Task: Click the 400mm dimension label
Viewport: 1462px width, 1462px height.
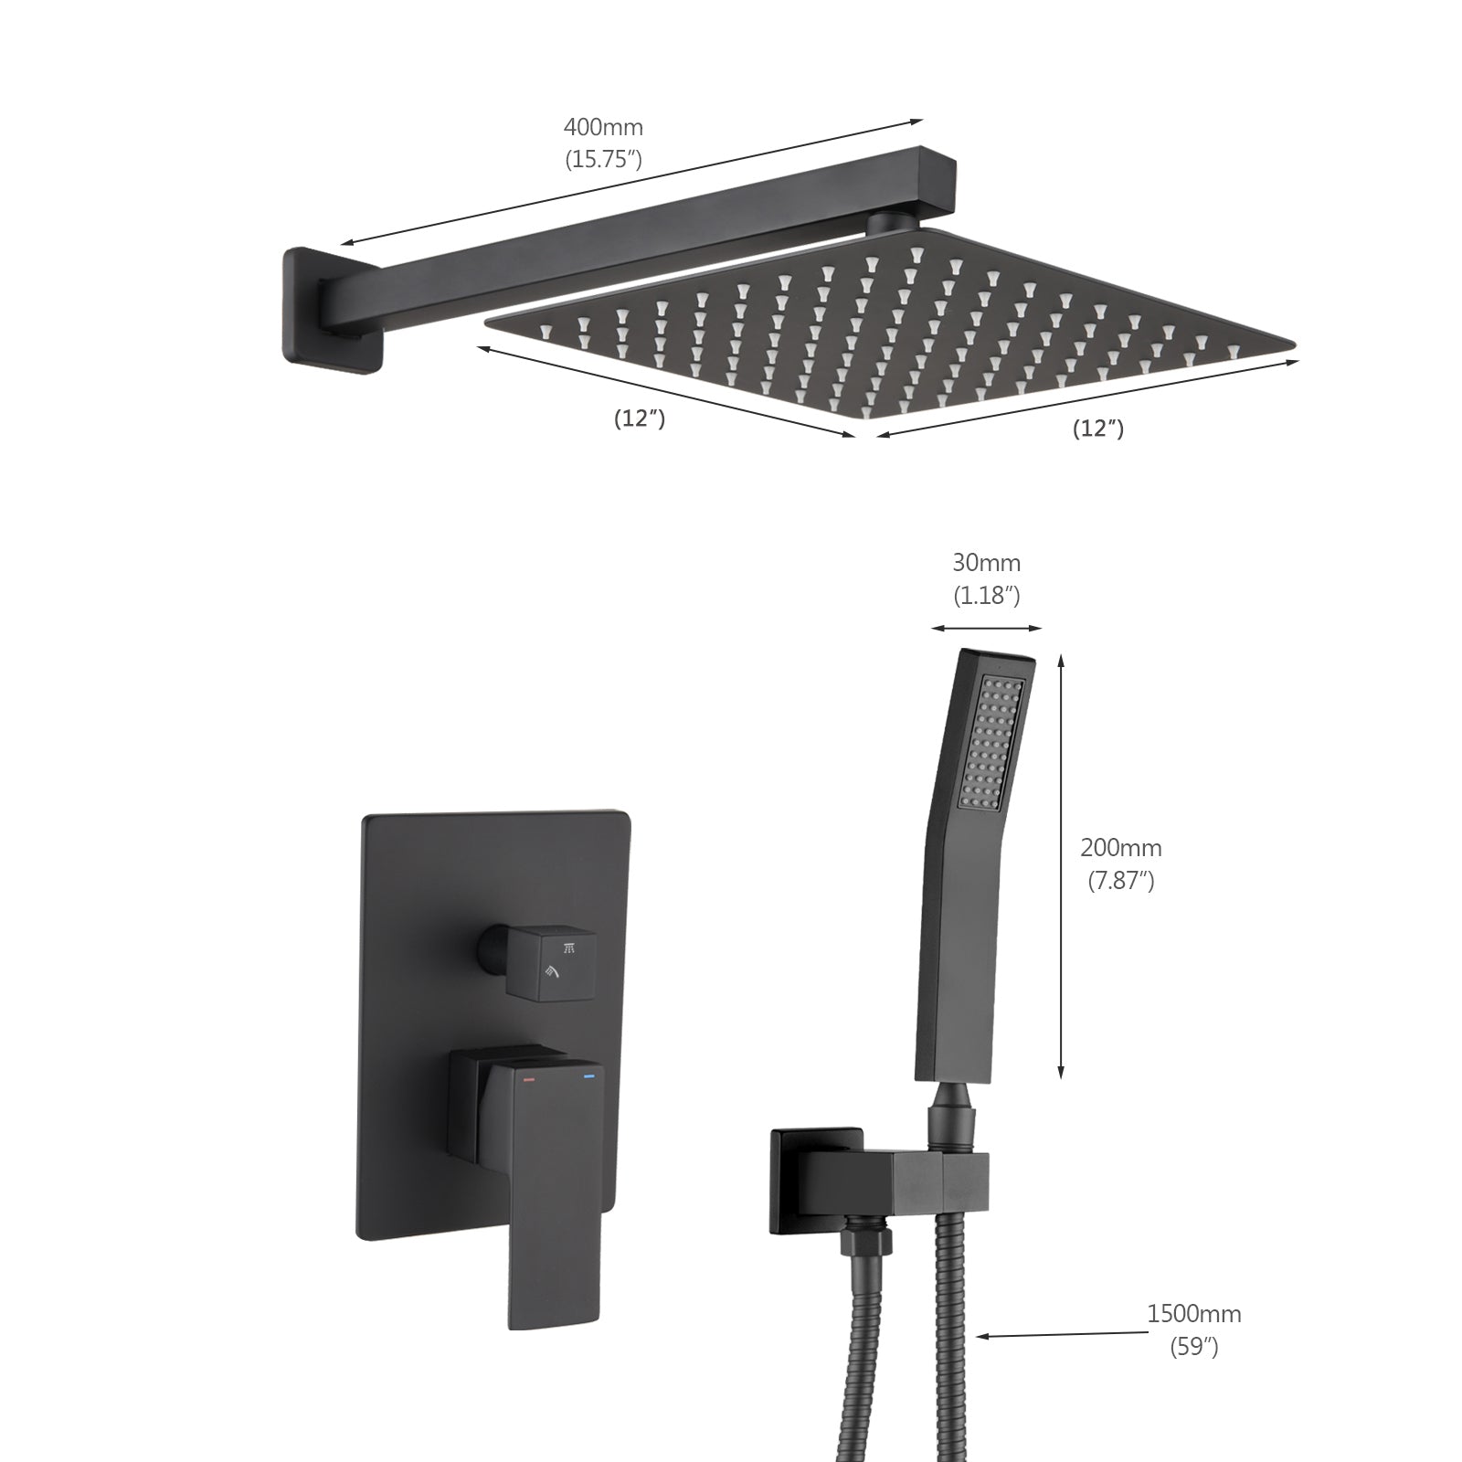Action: point(603,126)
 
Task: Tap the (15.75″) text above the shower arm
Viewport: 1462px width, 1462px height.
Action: point(603,160)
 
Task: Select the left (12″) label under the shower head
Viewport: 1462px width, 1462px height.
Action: point(639,419)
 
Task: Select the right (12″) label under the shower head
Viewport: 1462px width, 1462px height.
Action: point(1097,429)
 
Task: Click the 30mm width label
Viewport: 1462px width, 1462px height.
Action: point(986,563)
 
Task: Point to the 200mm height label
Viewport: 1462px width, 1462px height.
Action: point(1121,848)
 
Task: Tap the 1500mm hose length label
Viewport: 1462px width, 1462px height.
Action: point(1194,1314)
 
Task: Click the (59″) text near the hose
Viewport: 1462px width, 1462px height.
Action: point(1194,1347)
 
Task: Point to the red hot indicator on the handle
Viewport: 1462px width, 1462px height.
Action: point(528,1080)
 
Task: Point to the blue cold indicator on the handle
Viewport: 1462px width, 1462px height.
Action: point(588,1079)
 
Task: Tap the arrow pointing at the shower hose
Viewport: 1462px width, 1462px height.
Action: point(1060,1334)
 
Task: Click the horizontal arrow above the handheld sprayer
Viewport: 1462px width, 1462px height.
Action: point(986,628)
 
